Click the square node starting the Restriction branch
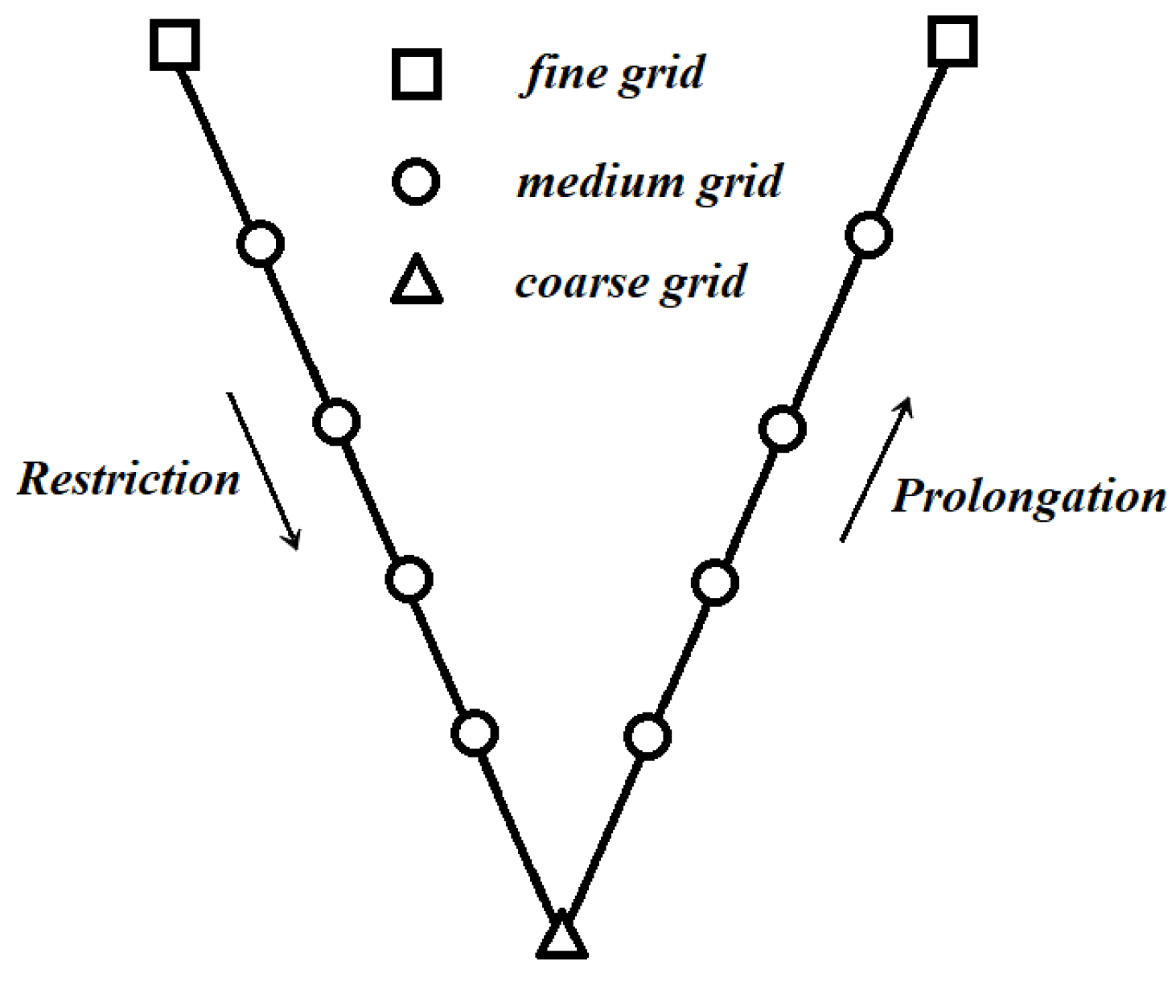tap(175, 46)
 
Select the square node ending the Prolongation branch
tap(952, 40)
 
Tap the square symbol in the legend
tap(416, 75)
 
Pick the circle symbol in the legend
tap(416, 181)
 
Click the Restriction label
tap(129, 479)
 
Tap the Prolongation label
tap(1029, 496)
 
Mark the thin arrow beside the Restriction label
tap(263, 470)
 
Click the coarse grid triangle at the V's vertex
tap(561, 938)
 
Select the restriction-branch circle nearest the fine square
tap(261, 244)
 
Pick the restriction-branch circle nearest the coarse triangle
tap(475, 733)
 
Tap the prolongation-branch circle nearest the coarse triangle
tap(648, 736)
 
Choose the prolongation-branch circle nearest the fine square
tap(869, 236)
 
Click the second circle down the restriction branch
tap(336, 421)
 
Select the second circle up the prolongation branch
tap(715, 582)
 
